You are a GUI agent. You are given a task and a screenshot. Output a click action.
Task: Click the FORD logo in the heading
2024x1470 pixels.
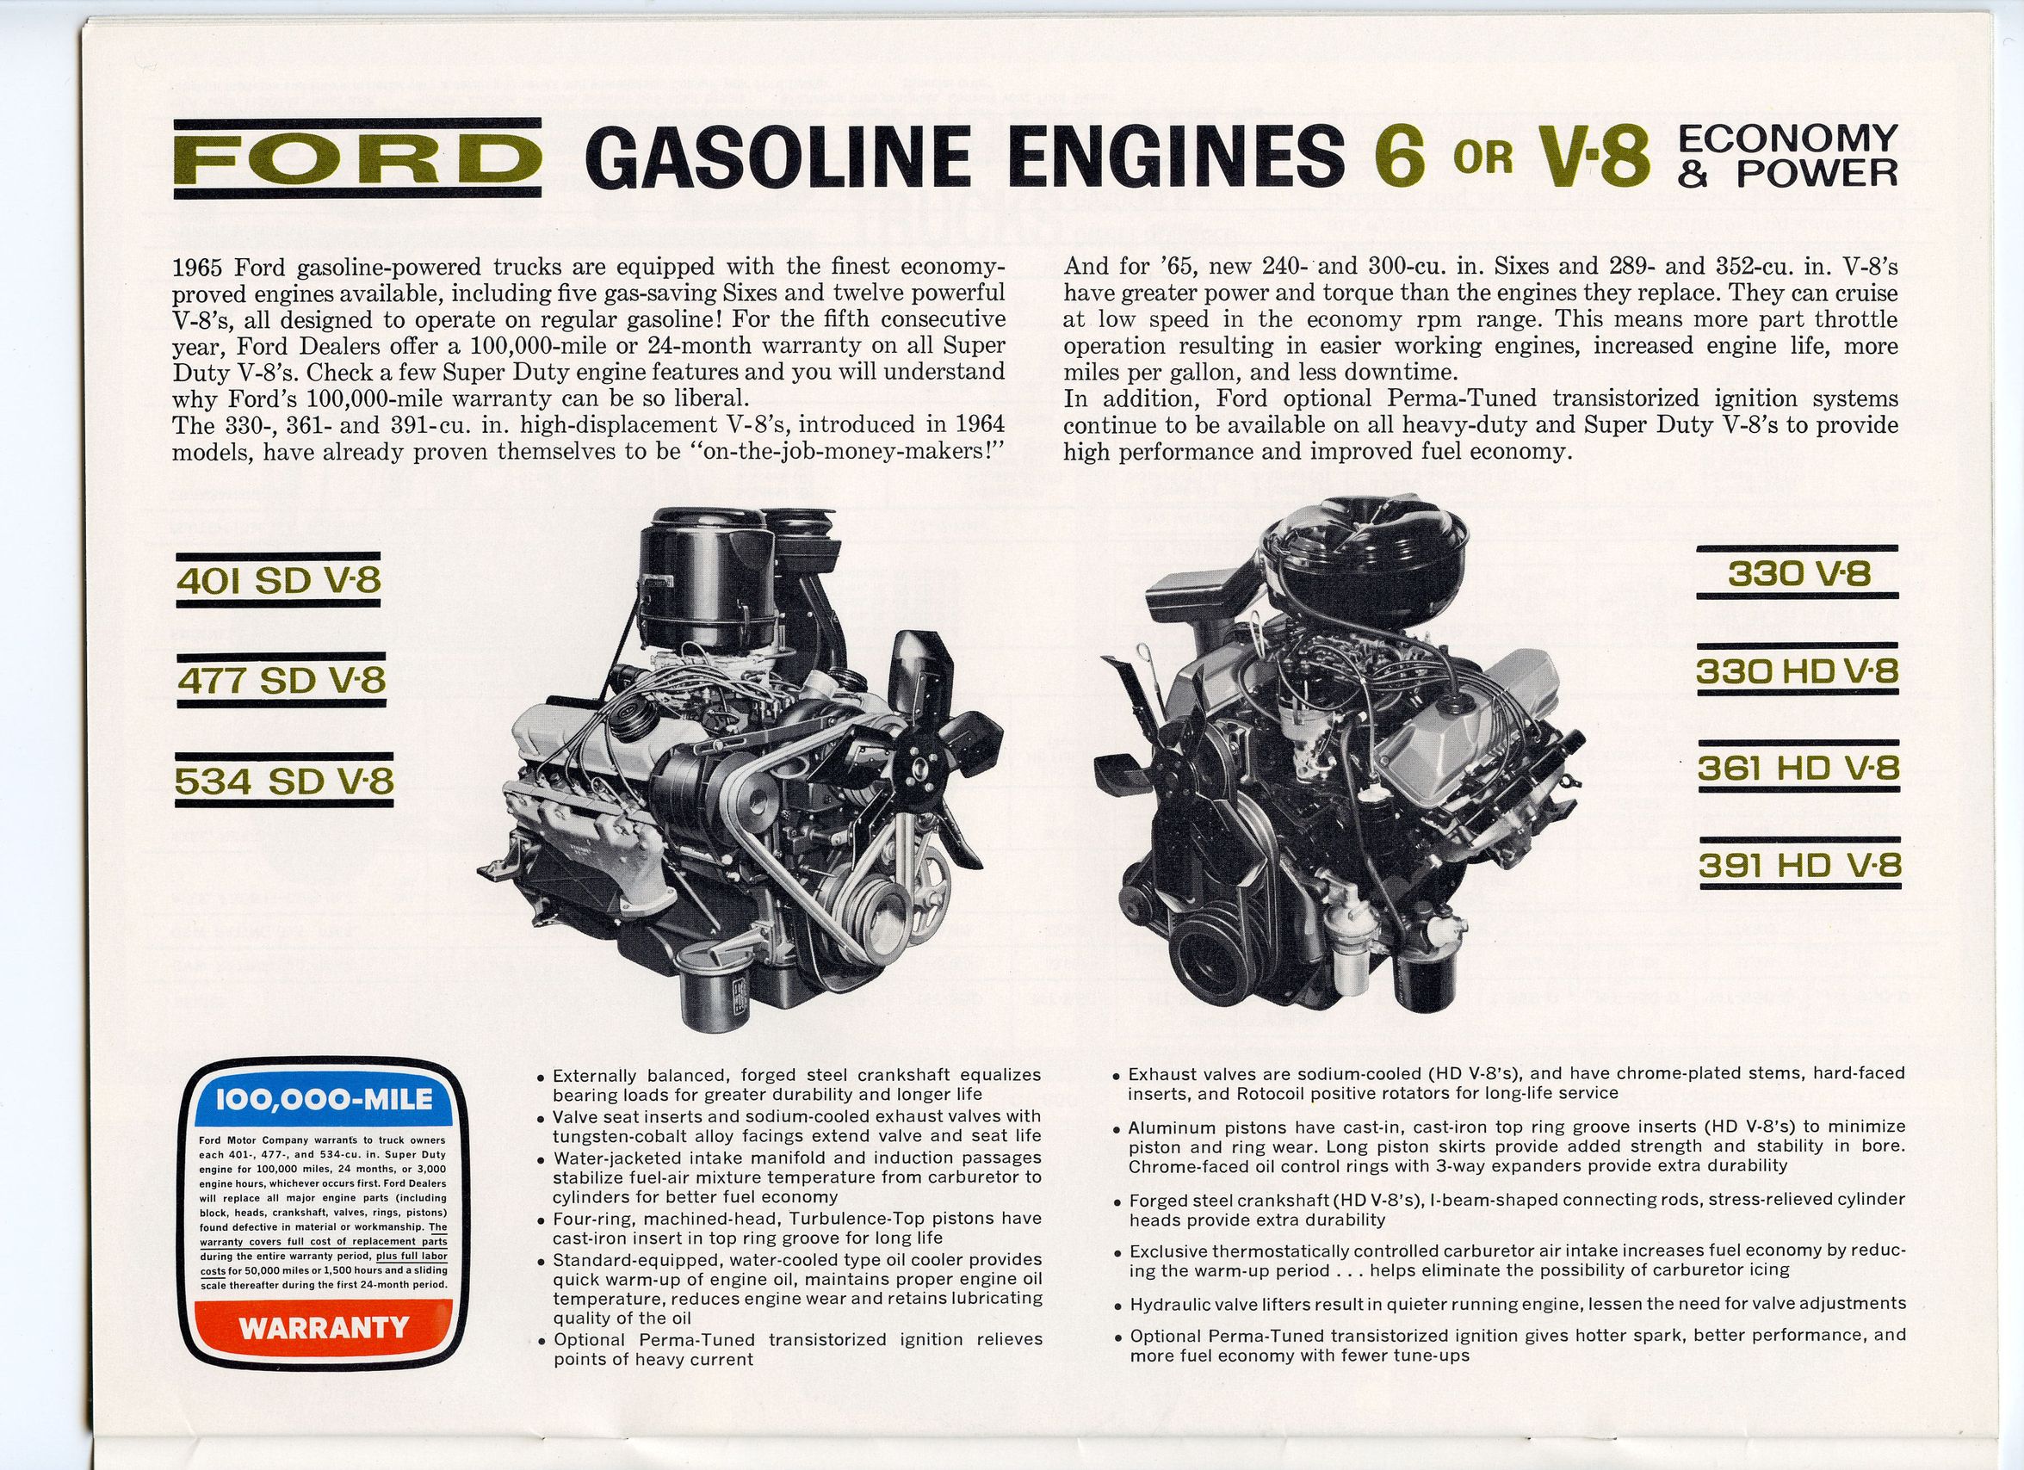click(x=357, y=158)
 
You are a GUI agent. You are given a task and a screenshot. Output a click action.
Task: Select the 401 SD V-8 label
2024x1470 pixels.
click(x=279, y=582)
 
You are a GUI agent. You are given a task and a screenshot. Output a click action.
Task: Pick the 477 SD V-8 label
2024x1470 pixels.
click(x=282, y=681)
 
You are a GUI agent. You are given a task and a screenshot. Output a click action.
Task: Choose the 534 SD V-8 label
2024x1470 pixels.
click(x=284, y=781)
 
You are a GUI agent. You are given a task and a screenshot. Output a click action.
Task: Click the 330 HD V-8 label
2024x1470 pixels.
click(x=1798, y=671)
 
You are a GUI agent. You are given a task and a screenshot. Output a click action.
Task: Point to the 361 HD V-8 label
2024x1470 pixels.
click(x=1798, y=769)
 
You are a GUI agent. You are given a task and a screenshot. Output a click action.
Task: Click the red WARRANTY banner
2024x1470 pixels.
click(x=323, y=1328)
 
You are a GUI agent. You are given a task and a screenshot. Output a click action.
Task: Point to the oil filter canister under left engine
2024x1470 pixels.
click(x=708, y=985)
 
